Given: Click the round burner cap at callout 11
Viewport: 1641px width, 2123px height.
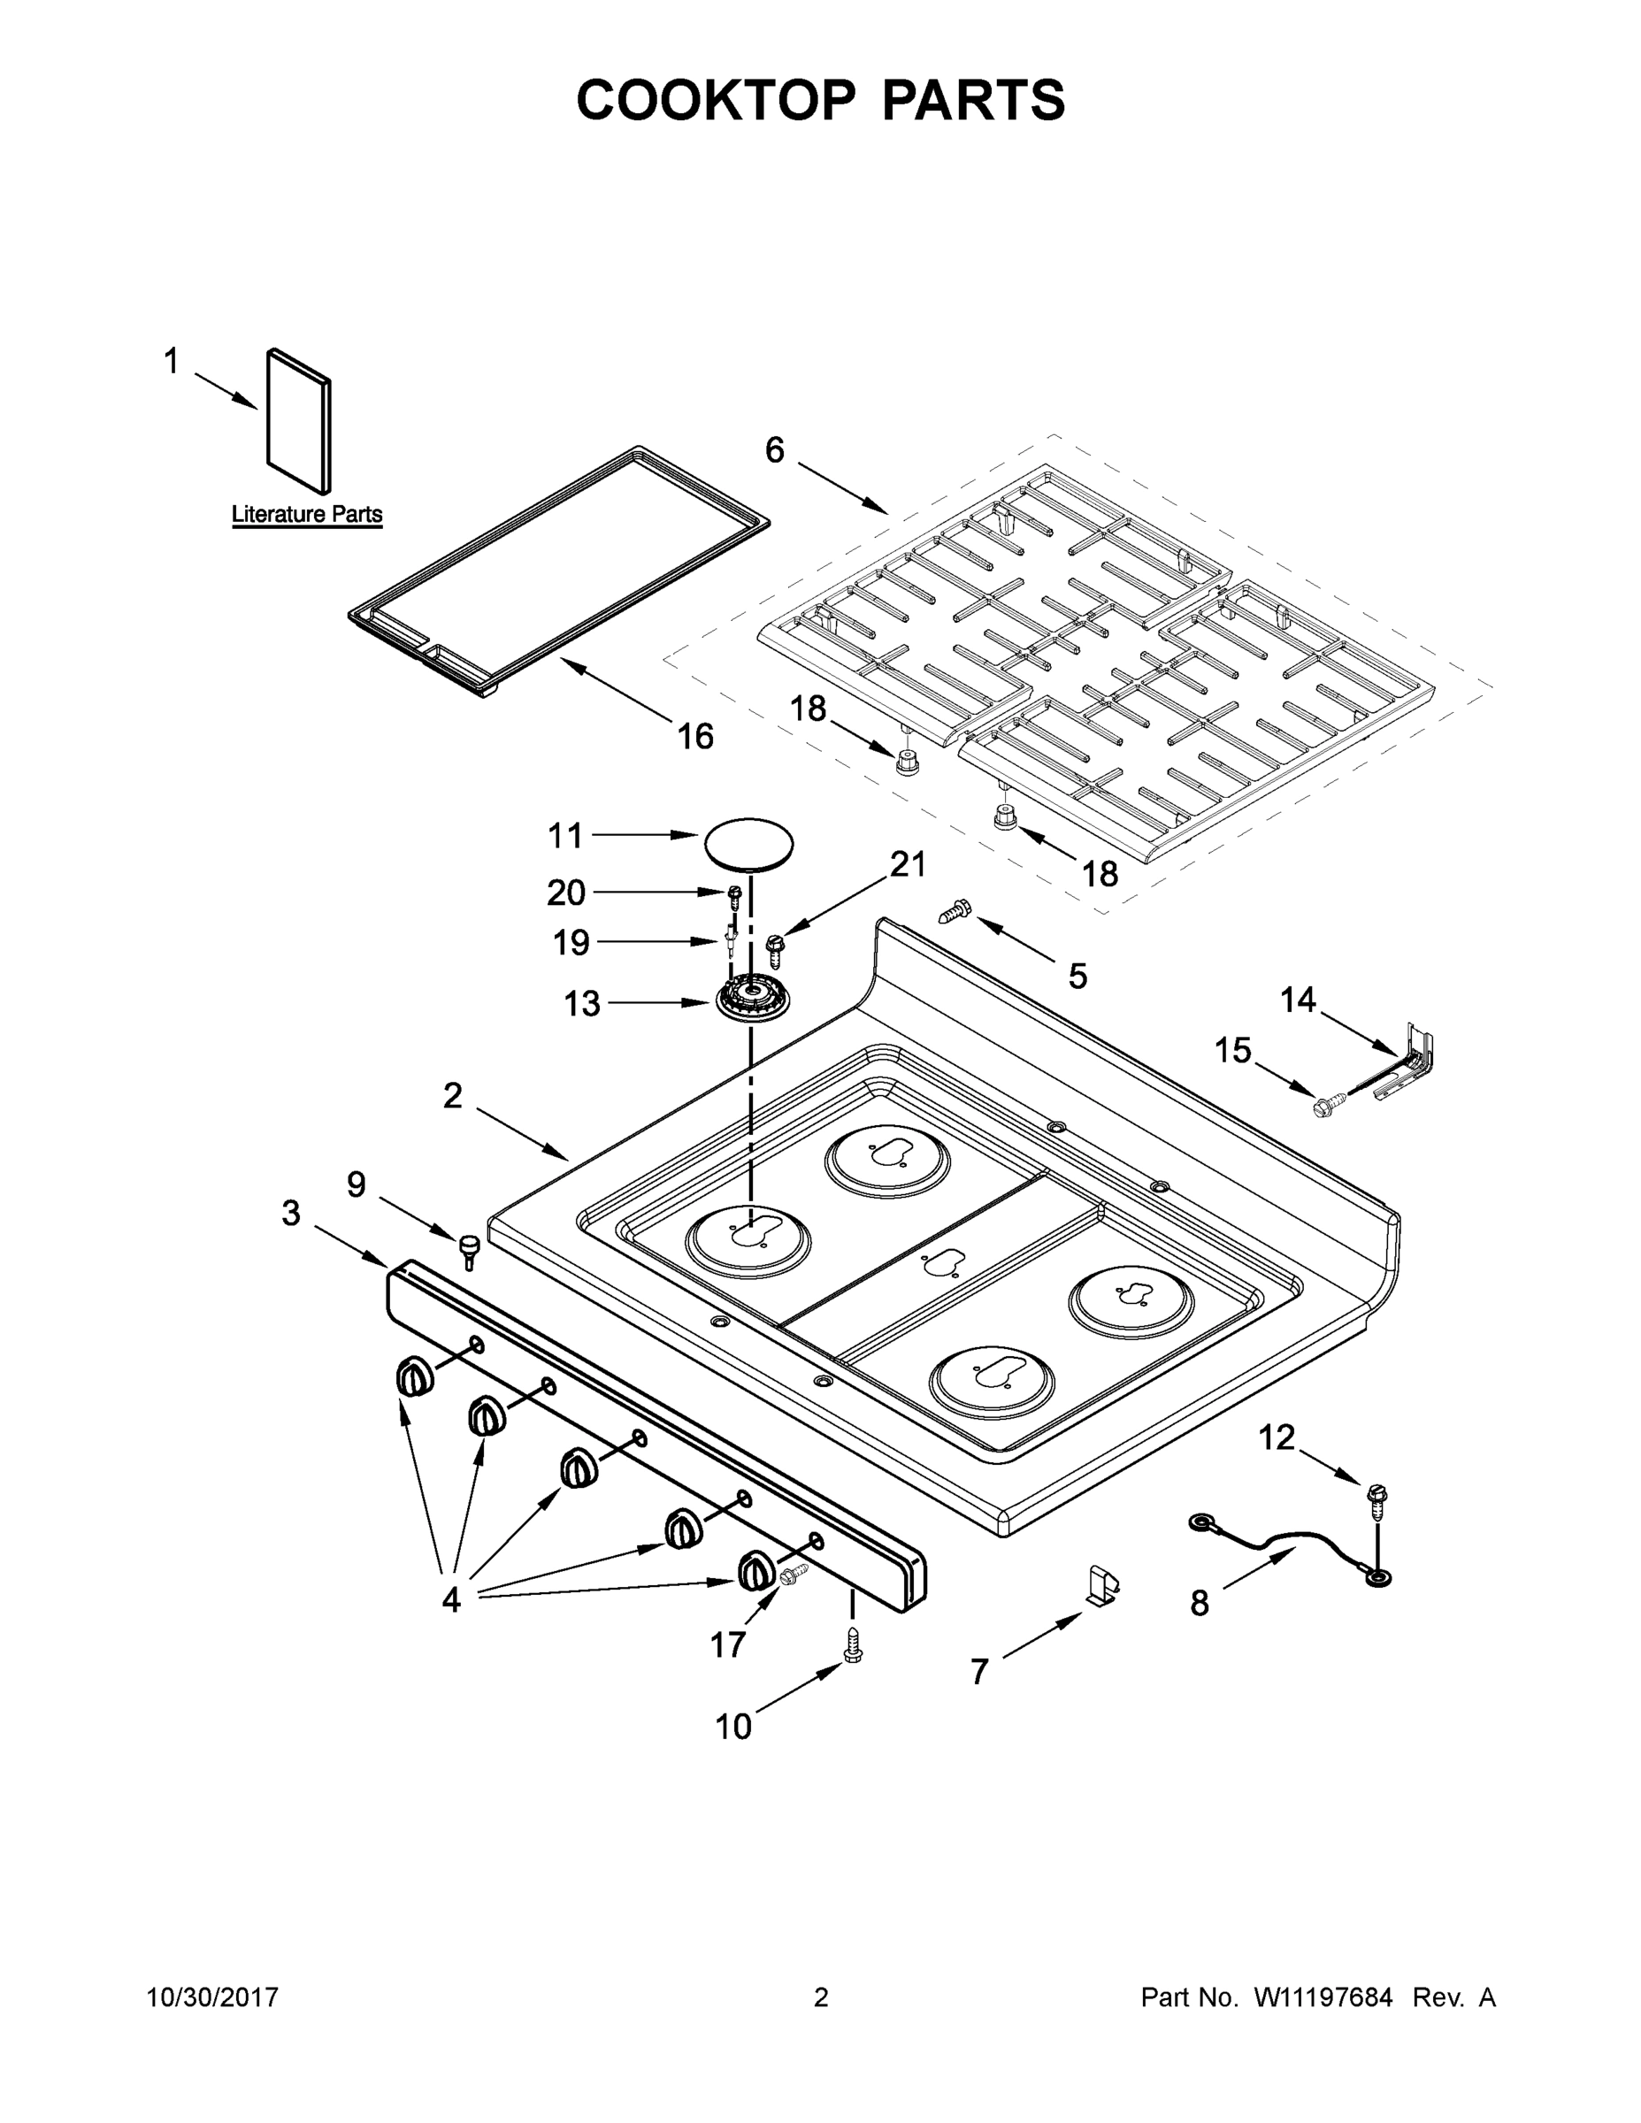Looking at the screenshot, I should click(x=748, y=842).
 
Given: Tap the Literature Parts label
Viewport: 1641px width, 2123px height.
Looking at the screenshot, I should click(x=306, y=514).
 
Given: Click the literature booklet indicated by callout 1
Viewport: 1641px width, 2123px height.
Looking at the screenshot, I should click(x=298, y=421).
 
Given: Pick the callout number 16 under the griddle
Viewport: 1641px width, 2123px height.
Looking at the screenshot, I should click(x=695, y=737).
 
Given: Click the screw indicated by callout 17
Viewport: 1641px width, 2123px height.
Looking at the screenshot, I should click(x=793, y=1572).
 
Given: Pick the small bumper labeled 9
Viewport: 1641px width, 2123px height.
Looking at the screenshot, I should click(x=471, y=1248).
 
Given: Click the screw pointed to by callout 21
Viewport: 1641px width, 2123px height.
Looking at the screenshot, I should click(x=776, y=946).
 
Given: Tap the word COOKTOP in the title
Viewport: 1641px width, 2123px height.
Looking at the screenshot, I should click(x=717, y=100).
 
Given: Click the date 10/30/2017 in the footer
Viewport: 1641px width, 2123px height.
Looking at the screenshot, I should click(x=212, y=1997).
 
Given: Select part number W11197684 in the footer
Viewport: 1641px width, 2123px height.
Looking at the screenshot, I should click(x=1323, y=1997).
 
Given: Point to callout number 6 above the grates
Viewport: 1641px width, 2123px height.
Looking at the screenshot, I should click(x=775, y=450).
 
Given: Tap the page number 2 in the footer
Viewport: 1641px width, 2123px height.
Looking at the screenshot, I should click(x=821, y=1997).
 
